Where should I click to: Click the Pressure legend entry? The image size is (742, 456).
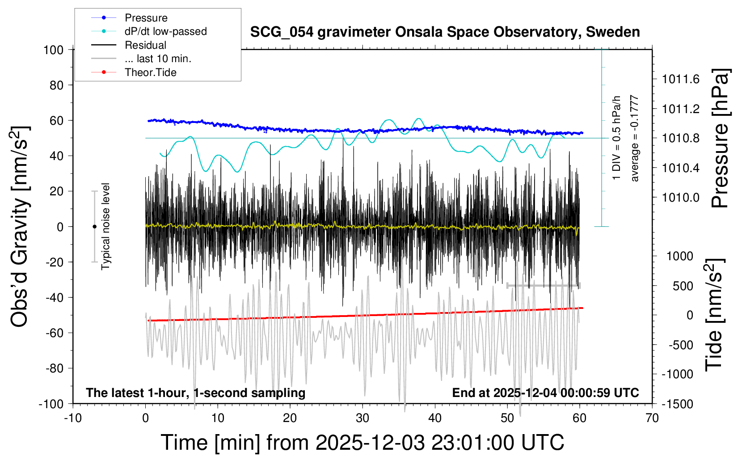click(146, 18)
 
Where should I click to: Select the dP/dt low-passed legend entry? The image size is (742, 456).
click(165, 31)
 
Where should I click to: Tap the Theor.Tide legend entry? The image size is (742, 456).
click(150, 72)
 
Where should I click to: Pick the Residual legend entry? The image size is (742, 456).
click(145, 45)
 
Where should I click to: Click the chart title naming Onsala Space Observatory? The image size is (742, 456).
click(445, 32)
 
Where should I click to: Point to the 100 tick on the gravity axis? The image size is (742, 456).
click(53, 50)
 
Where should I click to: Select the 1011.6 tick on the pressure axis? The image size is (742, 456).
click(681, 79)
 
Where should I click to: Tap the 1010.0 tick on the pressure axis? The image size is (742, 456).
click(681, 197)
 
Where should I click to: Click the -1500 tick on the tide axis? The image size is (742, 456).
click(678, 404)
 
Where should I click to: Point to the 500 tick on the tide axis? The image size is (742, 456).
click(683, 286)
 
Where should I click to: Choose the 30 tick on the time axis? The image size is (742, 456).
click(363, 418)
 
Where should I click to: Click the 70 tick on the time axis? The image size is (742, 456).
click(652, 418)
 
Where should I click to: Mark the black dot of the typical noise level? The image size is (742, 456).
click(94, 227)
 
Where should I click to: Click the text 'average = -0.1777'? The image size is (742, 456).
click(635, 138)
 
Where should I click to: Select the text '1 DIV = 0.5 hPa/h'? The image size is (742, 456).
click(617, 138)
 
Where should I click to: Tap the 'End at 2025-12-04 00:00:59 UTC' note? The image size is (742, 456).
click(545, 393)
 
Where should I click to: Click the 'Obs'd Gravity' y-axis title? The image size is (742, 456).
click(20, 226)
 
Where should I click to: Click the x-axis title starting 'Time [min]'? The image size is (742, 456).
click(362, 443)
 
